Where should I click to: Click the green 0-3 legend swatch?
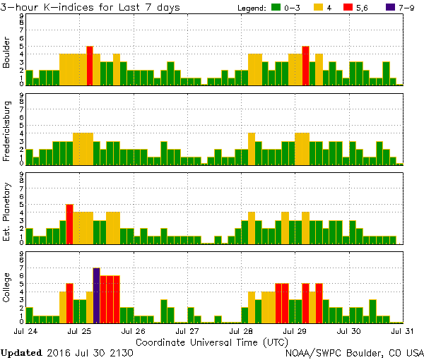click(x=276, y=8)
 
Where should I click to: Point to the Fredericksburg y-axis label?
click(x=7, y=129)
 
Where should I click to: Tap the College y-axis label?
click(x=7, y=288)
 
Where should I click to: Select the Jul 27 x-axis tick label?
click(x=189, y=330)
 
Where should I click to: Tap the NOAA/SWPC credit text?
click(x=354, y=352)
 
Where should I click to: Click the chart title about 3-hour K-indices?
click(x=90, y=7)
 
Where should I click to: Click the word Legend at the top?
click(x=251, y=8)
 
